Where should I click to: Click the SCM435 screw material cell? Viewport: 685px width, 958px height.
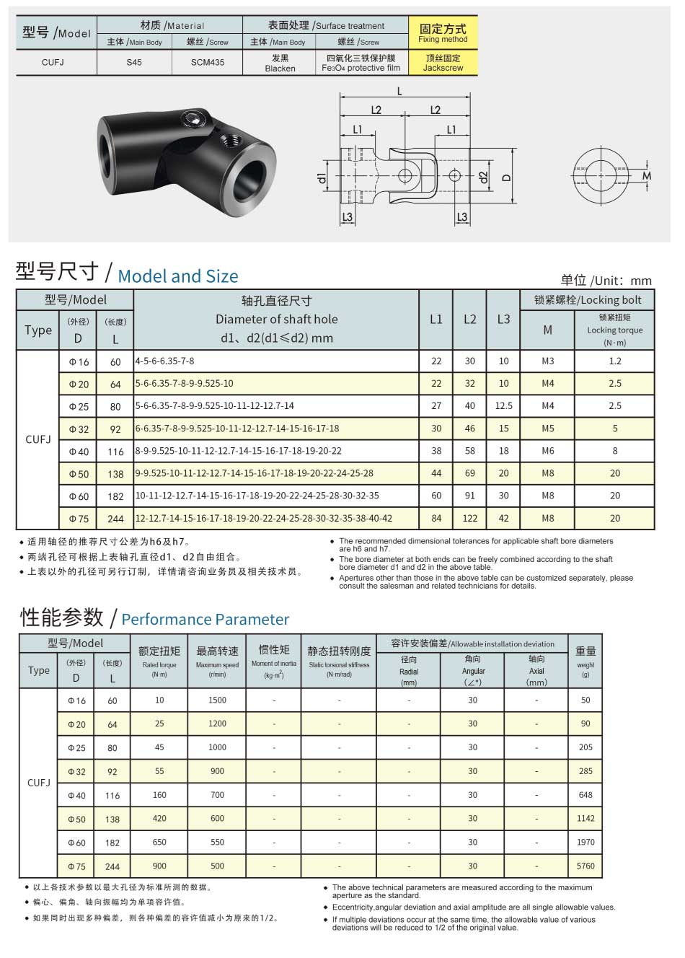[x=207, y=63]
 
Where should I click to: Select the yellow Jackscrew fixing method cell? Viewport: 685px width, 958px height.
[x=443, y=63]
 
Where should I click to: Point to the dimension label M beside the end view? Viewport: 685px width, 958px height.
[x=647, y=176]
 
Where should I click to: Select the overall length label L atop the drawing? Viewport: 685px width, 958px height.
[x=399, y=92]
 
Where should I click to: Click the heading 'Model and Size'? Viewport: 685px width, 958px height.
[x=177, y=276]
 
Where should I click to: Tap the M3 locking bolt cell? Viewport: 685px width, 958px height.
[x=547, y=361]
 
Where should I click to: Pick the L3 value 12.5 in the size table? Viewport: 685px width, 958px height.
[x=503, y=406]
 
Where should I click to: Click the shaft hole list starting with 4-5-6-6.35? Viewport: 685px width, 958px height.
[x=165, y=361]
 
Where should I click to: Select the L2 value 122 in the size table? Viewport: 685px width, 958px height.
[x=469, y=519]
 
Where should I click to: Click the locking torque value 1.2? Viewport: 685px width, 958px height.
[x=614, y=361]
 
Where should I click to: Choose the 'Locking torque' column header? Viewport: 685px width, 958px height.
[x=614, y=330]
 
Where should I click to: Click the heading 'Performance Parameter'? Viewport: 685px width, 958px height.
[x=205, y=620]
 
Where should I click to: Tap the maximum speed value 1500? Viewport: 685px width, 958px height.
[x=217, y=700]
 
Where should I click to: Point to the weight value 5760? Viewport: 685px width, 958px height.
[x=585, y=866]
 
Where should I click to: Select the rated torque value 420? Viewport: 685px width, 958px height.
[x=159, y=819]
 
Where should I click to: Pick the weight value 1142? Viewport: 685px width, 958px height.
[x=585, y=819]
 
